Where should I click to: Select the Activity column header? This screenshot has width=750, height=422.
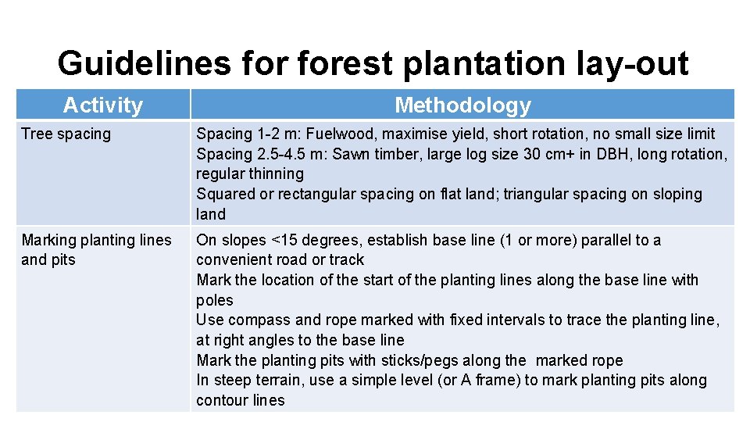coord(103,105)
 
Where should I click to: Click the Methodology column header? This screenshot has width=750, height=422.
coord(462,105)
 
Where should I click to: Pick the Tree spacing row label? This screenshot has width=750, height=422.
coord(66,134)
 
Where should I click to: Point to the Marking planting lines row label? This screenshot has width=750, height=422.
coord(96,240)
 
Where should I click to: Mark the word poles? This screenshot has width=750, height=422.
coord(215,300)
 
